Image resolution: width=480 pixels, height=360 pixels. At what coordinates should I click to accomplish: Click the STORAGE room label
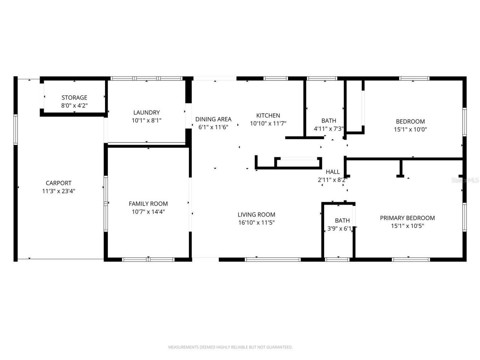(74, 98)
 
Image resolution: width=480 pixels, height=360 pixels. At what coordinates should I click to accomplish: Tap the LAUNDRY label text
(146, 112)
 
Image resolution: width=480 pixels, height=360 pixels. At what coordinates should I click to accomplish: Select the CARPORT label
(58, 183)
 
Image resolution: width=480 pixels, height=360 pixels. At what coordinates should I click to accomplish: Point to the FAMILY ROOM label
(148, 204)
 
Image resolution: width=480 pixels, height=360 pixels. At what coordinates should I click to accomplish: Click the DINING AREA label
(213, 119)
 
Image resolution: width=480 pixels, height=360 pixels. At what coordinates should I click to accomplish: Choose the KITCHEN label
(268, 115)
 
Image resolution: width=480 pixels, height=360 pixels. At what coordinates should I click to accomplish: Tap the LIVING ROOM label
(256, 215)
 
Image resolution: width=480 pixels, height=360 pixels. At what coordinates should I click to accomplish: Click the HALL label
(333, 172)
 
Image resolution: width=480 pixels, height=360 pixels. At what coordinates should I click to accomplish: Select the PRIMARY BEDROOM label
(407, 218)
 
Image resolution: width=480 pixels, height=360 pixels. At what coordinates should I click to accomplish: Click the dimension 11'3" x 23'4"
(58, 191)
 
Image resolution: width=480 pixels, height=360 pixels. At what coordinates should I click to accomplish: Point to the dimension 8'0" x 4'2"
(74, 106)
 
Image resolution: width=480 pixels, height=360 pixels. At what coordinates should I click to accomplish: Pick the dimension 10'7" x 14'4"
(148, 212)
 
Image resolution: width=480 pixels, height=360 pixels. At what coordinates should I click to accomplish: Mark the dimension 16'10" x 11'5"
(256, 223)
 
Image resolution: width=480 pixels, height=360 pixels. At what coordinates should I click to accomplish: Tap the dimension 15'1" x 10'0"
(410, 129)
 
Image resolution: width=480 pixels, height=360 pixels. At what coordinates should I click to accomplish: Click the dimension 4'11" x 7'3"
(328, 129)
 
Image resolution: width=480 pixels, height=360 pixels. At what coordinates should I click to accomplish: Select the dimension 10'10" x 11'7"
(268, 123)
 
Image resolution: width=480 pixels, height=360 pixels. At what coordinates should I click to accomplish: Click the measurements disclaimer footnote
(230, 347)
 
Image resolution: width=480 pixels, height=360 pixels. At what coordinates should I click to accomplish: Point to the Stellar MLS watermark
(465, 180)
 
